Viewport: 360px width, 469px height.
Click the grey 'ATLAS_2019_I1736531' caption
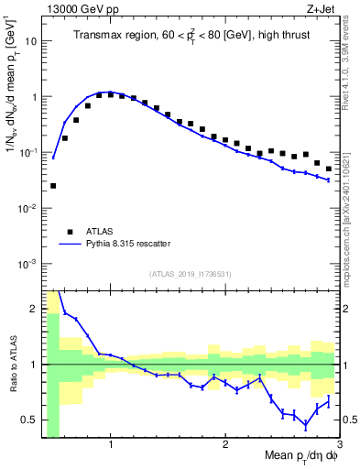[191, 274]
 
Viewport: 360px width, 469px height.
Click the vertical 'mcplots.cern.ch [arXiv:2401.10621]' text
[351, 191]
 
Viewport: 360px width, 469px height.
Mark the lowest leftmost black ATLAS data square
[53, 186]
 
